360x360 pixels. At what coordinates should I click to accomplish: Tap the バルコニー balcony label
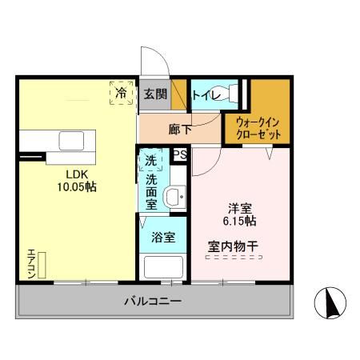pyautogui.click(x=152, y=302)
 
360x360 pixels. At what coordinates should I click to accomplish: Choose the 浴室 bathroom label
pyautogui.click(x=162, y=238)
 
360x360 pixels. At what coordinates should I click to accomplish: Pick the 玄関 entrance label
pyautogui.click(x=155, y=94)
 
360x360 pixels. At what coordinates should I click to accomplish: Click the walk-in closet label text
pyautogui.click(x=258, y=128)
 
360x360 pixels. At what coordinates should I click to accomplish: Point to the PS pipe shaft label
pyautogui.click(x=180, y=154)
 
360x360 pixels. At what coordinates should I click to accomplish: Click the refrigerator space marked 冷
pyautogui.click(x=121, y=94)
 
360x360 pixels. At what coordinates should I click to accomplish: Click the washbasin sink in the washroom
pyautogui.click(x=172, y=198)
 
